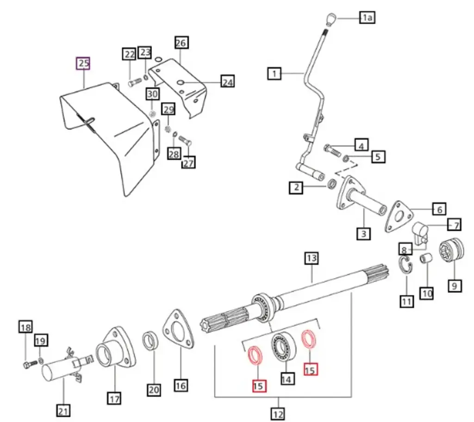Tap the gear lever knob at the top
click(x=330, y=19)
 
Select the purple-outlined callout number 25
click(x=83, y=63)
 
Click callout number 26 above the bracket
click(x=181, y=43)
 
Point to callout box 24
click(x=227, y=82)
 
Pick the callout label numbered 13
click(x=311, y=258)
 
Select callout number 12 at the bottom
click(x=278, y=413)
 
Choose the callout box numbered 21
click(x=63, y=410)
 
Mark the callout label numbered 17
click(x=114, y=397)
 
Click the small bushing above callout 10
click(x=426, y=258)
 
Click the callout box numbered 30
click(x=153, y=94)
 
